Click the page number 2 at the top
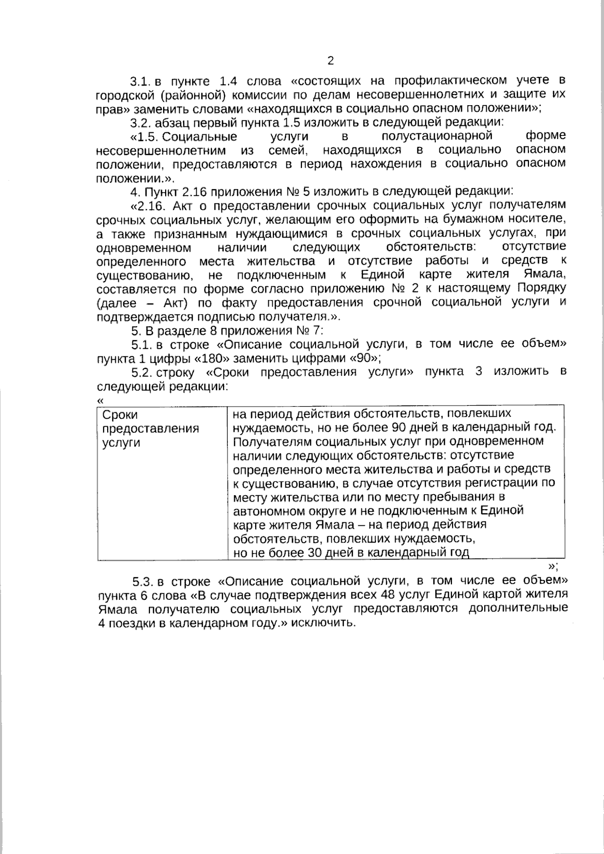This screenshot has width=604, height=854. tap(330, 61)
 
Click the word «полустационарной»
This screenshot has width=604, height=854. tap(436, 136)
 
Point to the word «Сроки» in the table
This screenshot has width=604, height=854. tap(120, 415)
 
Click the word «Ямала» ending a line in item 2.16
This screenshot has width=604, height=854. tap(549, 275)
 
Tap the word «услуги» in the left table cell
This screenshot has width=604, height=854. tap(121, 443)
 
